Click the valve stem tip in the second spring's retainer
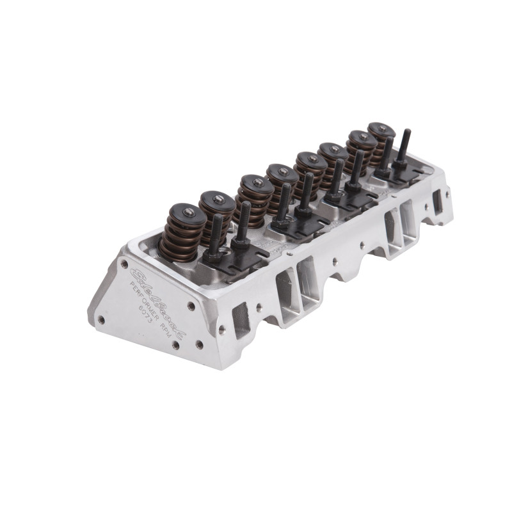pyautogui.click(x=218, y=200)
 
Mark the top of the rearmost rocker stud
pyautogui.click(x=405, y=132)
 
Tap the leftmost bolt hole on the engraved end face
pyautogui.click(x=100, y=318)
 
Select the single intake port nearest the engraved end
pyautogui.click(x=241, y=320)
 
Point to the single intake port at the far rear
pyautogui.click(x=438, y=202)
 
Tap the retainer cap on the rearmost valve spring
pyautogui.click(x=381, y=129)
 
